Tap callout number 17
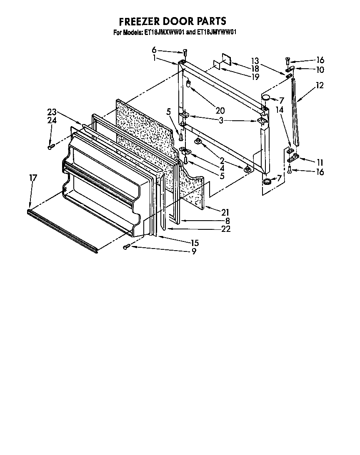click(33, 178)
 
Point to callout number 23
click(52, 112)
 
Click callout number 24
click(52, 120)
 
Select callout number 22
click(226, 229)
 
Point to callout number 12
click(320, 85)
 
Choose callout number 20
click(220, 110)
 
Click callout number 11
click(320, 162)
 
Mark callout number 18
click(255, 68)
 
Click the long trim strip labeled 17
click(62, 231)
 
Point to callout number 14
click(279, 110)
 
